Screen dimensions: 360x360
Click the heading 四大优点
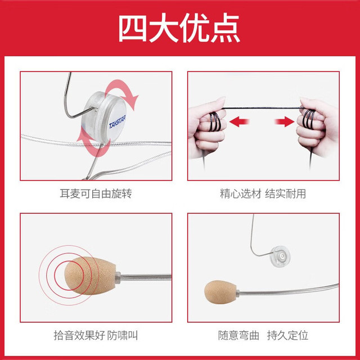coord(179,28)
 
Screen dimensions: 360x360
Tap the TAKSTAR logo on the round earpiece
coord(117,122)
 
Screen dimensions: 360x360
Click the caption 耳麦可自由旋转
coord(96,193)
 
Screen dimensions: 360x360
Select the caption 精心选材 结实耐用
coord(263,193)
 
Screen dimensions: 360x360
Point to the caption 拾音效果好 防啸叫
coord(96,335)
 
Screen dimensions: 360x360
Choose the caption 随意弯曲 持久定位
coord(263,335)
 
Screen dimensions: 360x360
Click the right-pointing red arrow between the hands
coord(285,121)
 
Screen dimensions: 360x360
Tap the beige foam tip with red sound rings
coord(90,276)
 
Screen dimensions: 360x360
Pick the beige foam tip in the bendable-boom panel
coord(220,292)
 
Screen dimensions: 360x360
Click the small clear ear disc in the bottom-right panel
coord(280,256)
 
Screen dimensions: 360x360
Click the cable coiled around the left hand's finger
coord(215,121)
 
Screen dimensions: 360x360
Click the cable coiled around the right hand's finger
coord(309,119)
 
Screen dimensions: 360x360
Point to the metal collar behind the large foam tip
coord(118,277)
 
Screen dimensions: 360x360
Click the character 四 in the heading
coord(133,28)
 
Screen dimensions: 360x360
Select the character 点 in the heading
coord(226,28)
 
